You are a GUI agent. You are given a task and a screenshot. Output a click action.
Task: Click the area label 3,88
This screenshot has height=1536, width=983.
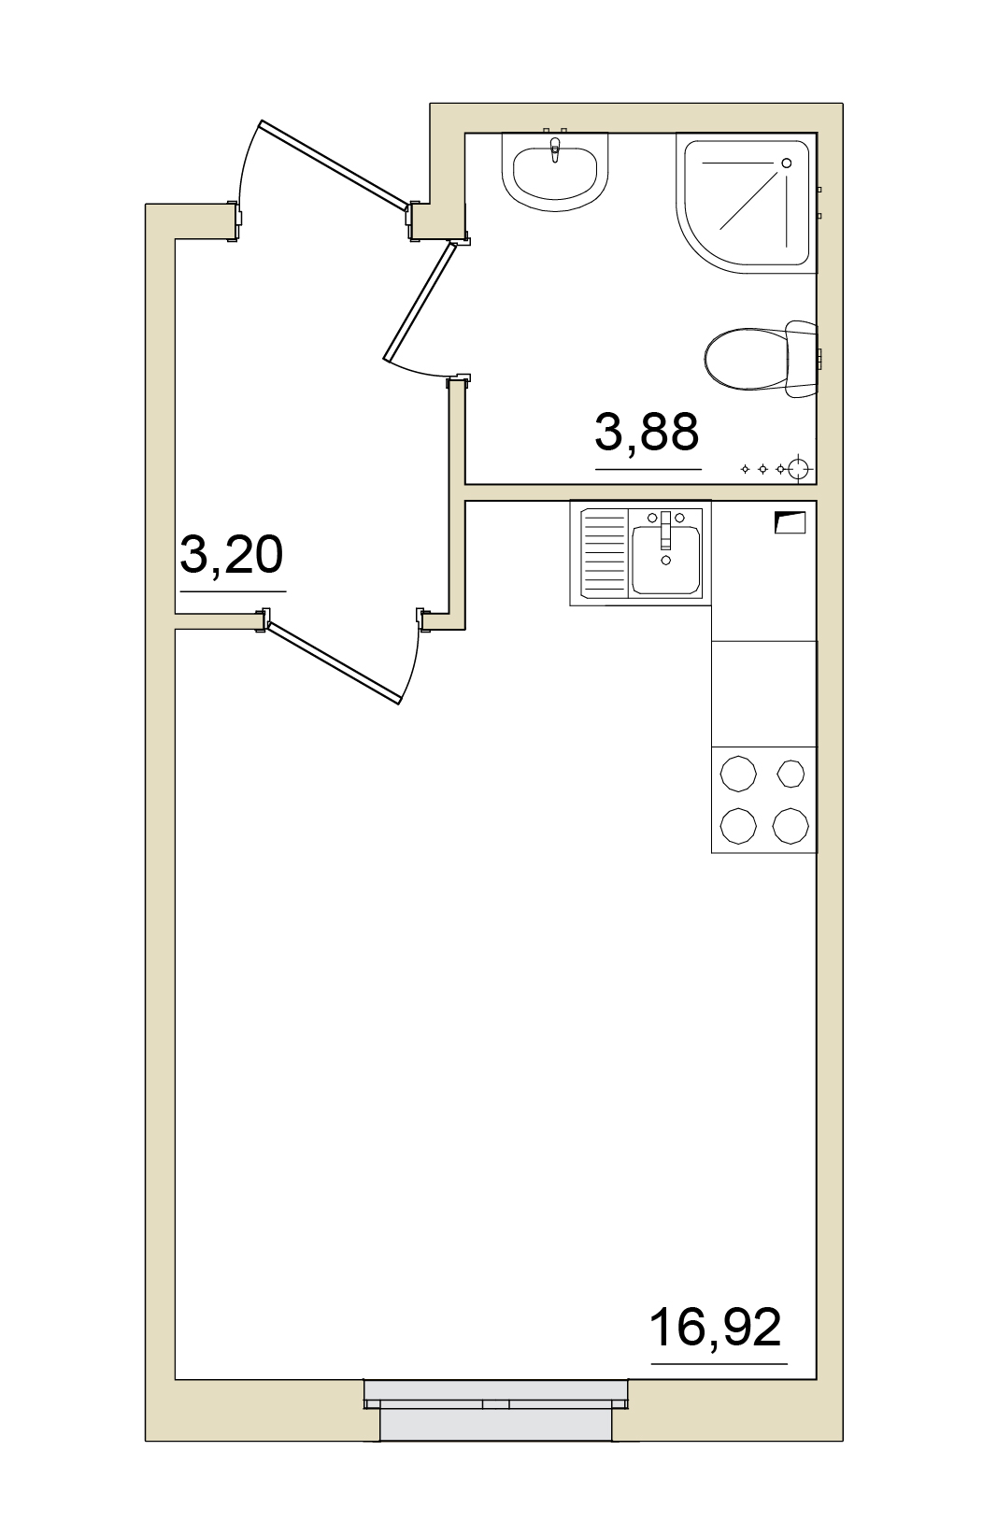(x=647, y=432)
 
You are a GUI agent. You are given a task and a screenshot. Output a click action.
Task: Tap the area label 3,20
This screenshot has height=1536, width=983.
(x=231, y=554)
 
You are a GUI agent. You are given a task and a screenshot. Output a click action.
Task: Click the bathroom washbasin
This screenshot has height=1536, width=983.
(x=555, y=171)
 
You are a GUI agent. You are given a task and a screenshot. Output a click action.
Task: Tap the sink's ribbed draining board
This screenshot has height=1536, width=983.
(x=605, y=553)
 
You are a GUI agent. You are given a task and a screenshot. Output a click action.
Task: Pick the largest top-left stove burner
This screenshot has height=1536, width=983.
(x=738, y=774)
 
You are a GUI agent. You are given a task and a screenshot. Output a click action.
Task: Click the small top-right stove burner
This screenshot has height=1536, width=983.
(x=791, y=774)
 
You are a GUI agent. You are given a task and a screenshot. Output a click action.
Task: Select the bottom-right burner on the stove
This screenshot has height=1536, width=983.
(x=791, y=826)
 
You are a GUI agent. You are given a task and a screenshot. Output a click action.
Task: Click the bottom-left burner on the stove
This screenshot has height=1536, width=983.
(x=738, y=826)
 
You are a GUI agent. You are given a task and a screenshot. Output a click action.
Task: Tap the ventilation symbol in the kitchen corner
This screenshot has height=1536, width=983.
(x=790, y=522)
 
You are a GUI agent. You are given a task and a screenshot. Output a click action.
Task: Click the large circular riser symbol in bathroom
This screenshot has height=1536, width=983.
(x=799, y=469)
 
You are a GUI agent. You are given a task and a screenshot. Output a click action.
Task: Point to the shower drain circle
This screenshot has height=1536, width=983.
(x=786, y=164)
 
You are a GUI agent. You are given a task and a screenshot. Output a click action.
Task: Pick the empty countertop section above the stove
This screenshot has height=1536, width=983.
(x=763, y=693)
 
